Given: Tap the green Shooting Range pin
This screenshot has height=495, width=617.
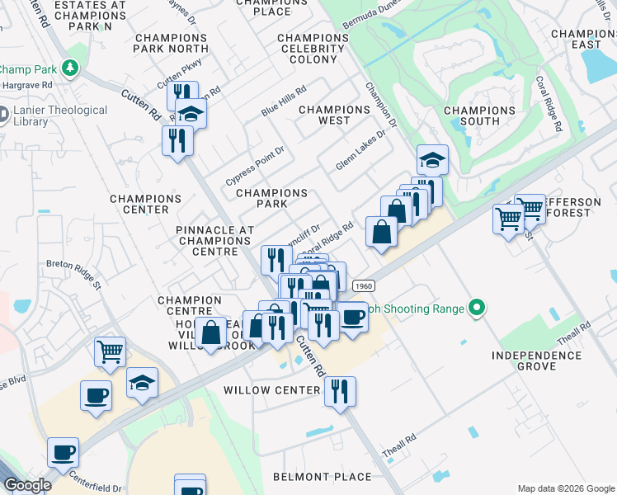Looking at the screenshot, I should (x=476, y=309).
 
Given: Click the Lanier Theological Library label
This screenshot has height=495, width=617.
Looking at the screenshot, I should (x=59, y=115).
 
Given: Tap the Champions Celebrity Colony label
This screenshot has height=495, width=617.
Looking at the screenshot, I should (x=319, y=49).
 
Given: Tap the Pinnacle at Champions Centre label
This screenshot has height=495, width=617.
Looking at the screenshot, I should (x=214, y=240).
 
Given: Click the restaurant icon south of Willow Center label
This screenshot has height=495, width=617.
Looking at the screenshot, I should (x=340, y=390).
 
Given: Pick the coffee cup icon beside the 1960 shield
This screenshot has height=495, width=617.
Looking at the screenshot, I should (x=353, y=316).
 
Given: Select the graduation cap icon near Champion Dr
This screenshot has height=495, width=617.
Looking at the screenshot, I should (x=431, y=159).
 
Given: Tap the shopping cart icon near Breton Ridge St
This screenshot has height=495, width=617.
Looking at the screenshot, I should (x=110, y=351).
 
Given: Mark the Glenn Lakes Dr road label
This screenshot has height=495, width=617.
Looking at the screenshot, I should (x=360, y=149).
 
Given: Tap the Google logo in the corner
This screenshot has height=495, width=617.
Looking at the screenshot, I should (x=27, y=485).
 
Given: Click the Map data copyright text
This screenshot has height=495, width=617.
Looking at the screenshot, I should (x=566, y=488).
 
